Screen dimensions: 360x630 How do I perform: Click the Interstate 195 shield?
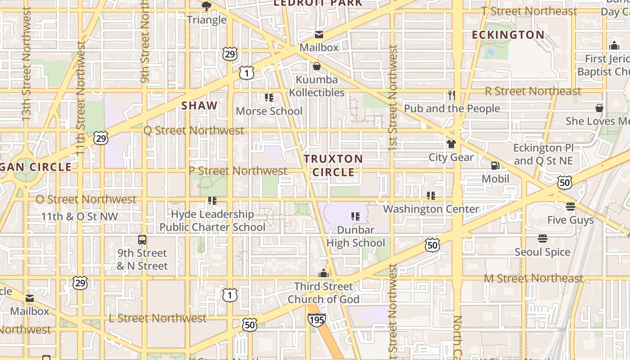click(316, 320)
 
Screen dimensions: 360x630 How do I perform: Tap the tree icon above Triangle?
click(207, 6)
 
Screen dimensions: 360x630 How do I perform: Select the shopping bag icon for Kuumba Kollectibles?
click(317, 67)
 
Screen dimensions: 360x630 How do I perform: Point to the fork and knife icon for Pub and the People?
click(452, 95)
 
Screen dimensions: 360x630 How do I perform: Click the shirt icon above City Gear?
click(451, 144)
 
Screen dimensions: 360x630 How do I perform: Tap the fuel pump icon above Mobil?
click(495, 166)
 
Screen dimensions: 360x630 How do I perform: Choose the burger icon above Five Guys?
click(571, 207)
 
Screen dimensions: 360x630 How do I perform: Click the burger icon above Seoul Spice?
click(542, 238)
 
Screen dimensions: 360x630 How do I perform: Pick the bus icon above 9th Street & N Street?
click(142, 240)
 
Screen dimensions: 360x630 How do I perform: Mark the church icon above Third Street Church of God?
click(323, 273)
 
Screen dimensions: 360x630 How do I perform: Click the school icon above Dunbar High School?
click(355, 216)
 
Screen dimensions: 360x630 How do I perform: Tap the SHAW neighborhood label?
click(199, 106)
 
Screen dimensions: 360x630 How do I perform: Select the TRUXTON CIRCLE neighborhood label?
click(333, 165)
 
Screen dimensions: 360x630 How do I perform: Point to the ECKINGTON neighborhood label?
click(508, 35)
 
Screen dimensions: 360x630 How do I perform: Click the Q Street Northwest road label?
click(193, 130)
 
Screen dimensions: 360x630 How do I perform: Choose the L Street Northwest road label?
click(157, 318)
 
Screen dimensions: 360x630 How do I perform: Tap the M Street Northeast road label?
click(533, 279)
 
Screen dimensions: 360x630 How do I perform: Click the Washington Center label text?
click(431, 209)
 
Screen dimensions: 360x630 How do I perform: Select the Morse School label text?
click(269, 111)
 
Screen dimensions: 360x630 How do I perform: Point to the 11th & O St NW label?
click(79, 216)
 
